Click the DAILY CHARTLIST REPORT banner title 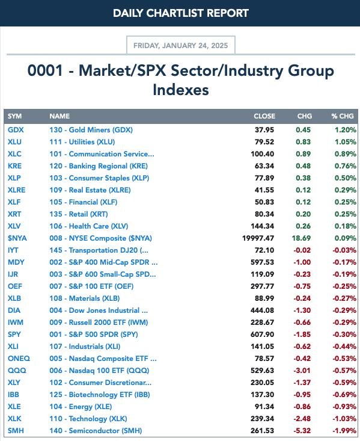point(181,13)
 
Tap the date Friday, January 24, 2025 point(181,46)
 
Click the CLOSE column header point(264,116)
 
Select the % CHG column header point(343,116)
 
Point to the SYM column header point(14,116)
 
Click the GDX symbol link point(16,130)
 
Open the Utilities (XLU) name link point(82,142)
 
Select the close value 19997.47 point(258,238)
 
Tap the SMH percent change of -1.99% point(344,431)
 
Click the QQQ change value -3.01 point(302,371)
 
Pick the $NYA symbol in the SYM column point(17,238)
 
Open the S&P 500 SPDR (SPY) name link point(94,335)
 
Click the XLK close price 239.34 point(262,419)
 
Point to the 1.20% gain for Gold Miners point(346,130)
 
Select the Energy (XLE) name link point(81,407)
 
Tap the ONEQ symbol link point(19,359)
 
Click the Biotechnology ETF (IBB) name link point(100,395)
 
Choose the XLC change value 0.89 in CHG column point(304,154)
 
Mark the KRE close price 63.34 point(264,166)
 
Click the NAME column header point(59,116)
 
